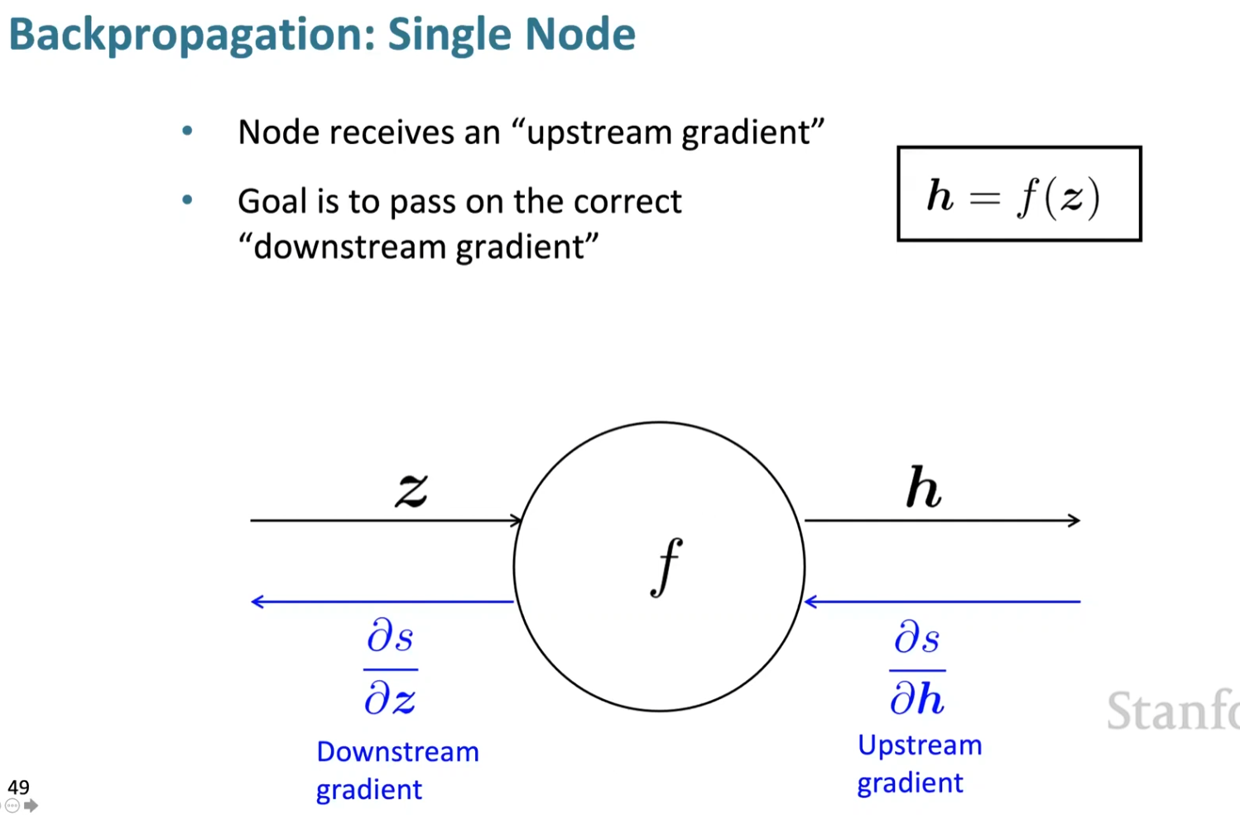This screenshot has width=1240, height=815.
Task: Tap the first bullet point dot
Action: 188,131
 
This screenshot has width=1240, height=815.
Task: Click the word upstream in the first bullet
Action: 599,133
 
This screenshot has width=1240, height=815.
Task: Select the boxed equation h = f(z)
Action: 1018,195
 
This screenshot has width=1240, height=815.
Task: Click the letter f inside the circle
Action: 666,567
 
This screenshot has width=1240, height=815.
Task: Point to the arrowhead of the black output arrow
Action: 1074,520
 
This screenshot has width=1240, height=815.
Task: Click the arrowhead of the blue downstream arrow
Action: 257,601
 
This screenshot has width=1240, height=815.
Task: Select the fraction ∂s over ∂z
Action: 390,668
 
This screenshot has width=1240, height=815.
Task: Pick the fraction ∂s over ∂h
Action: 917,668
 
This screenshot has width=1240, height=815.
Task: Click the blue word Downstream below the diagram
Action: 397,752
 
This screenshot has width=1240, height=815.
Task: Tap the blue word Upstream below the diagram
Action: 919,745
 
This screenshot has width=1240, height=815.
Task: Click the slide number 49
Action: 18,787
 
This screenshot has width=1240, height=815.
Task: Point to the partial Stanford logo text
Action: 1172,711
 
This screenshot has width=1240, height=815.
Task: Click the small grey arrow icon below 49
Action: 31,806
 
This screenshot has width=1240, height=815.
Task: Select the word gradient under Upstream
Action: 910,783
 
